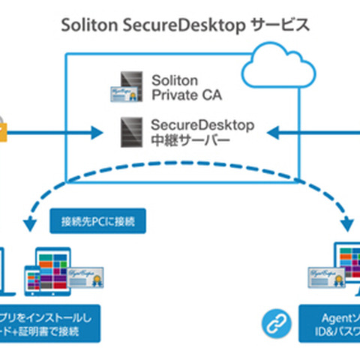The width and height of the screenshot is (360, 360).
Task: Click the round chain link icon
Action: click(273, 324)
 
